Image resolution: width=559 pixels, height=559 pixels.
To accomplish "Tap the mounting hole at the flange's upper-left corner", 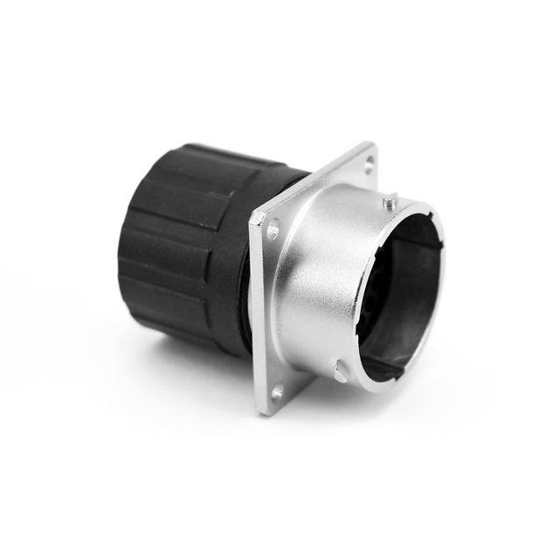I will (273, 231).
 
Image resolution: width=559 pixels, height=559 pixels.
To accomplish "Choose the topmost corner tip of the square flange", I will (373, 144).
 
